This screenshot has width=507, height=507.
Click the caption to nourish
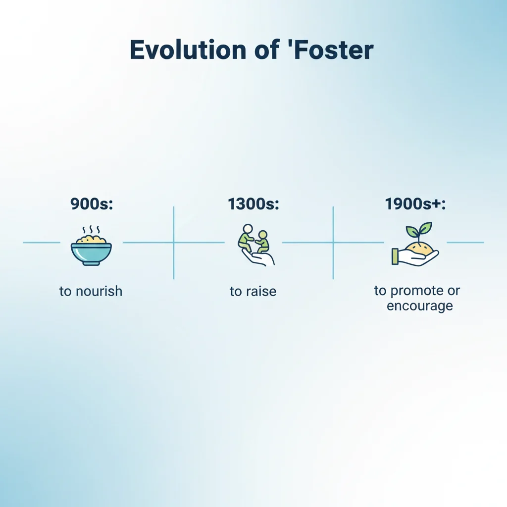[x=91, y=291]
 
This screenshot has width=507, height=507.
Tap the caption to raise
[x=253, y=291]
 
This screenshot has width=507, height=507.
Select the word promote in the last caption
[x=414, y=290]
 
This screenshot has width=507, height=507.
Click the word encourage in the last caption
[x=419, y=305]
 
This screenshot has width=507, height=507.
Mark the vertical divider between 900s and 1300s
[x=173, y=243]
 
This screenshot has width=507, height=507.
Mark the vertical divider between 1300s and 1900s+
[x=333, y=243]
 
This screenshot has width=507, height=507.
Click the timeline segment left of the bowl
[x=41, y=243]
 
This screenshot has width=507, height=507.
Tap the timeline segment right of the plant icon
[x=465, y=243]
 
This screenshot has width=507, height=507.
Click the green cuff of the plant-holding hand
[x=395, y=256]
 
